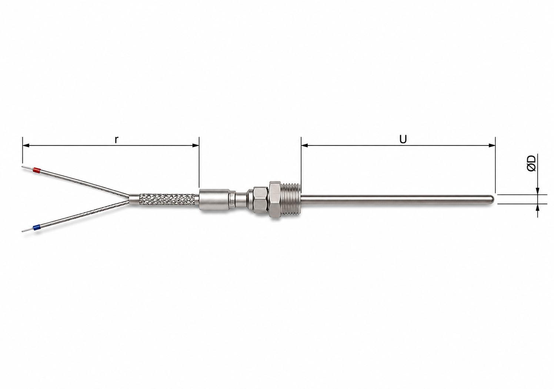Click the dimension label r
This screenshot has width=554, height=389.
click(117, 140)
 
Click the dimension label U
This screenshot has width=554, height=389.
click(403, 140)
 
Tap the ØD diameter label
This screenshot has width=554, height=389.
click(531, 163)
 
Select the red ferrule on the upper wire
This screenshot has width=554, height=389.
click(37, 170)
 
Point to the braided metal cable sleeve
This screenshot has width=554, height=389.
click(167, 200)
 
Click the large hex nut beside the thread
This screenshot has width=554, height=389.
click(275, 200)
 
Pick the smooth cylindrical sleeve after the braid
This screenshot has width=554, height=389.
click(214, 200)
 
